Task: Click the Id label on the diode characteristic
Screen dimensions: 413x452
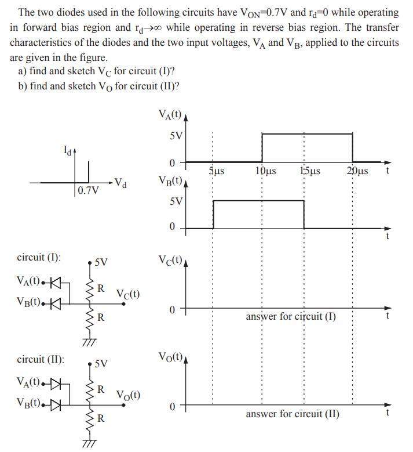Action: (x=68, y=153)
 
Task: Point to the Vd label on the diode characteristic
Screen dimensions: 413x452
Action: (x=120, y=184)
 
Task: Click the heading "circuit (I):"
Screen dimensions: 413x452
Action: (x=39, y=258)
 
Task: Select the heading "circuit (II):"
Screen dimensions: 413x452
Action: (x=41, y=359)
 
